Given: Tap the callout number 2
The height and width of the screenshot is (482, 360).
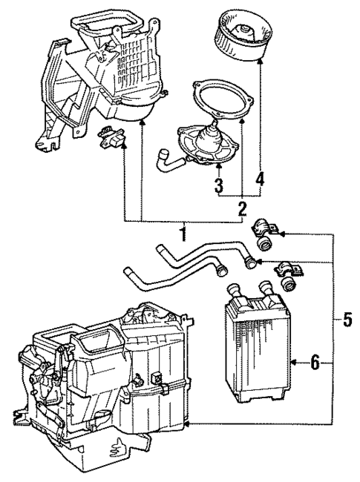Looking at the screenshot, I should pyautogui.click(x=240, y=208).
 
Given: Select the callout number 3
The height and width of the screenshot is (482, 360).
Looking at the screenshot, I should pyautogui.click(x=218, y=183).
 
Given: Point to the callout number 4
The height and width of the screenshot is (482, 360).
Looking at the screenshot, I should pyautogui.click(x=260, y=179).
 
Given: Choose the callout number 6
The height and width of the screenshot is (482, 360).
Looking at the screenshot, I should pyautogui.click(x=315, y=363).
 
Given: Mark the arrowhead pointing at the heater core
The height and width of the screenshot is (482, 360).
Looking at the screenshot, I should pyautogui.click(x=296, y=363).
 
